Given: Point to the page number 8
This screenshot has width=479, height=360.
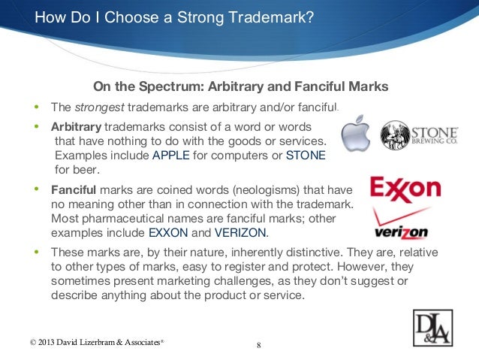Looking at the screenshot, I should pos(258,345).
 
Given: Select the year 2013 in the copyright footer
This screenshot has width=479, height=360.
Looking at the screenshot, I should pos(44,343).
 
